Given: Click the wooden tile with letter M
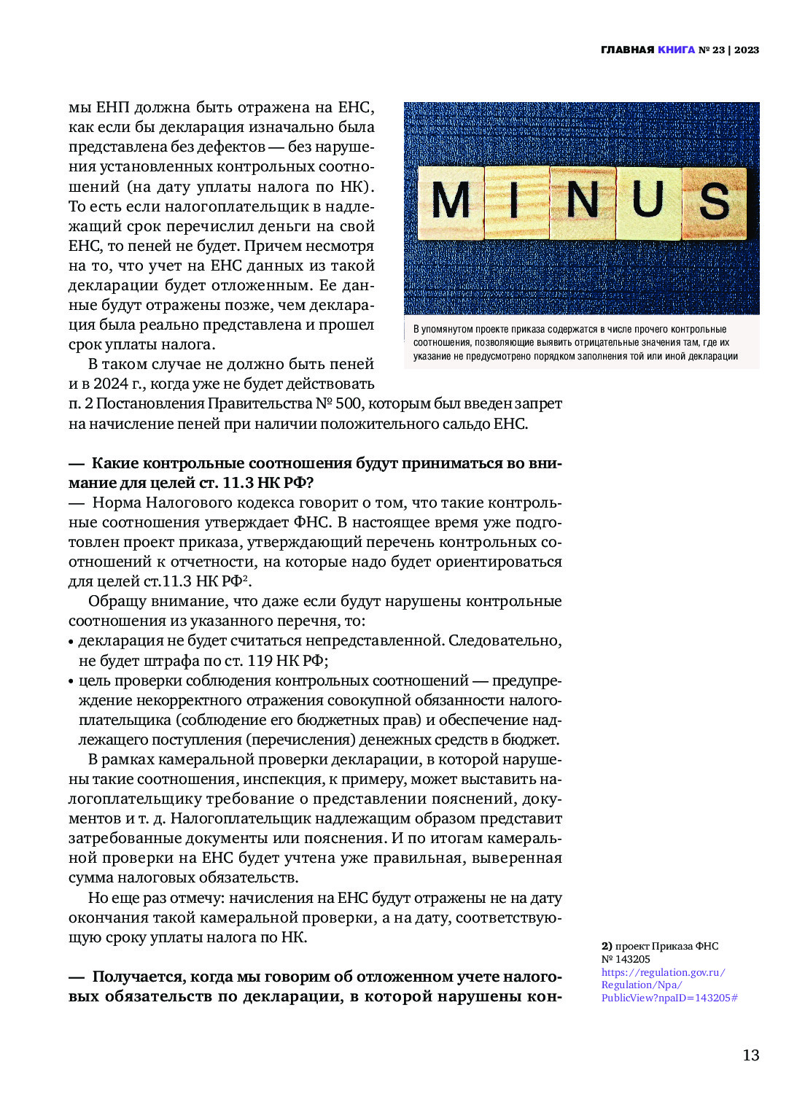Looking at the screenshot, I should click(x=451, y=201).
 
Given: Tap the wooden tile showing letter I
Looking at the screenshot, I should click(x=515, y=201).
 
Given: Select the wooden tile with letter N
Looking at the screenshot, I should click(x=582, y=201).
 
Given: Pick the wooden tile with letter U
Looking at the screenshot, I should click(x=648, y=201).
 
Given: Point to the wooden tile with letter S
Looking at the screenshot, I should click(x=714, y=202).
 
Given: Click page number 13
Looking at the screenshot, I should click(x=750, y=1055).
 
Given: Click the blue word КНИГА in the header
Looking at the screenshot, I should click(x=676, y=50).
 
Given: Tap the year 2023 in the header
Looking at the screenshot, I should click(x=747, y=50).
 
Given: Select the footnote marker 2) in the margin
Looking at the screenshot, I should click(x=607, y=946).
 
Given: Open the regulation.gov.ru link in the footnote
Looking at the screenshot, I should click(x=664, y=985).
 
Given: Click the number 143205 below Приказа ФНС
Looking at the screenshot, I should click(x=632, y=959).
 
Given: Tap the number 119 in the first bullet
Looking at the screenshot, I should click(x=260, y=661).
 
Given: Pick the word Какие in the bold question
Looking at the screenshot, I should click(x=114, y=463).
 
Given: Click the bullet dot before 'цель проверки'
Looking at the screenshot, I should click(x=71, y=681).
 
